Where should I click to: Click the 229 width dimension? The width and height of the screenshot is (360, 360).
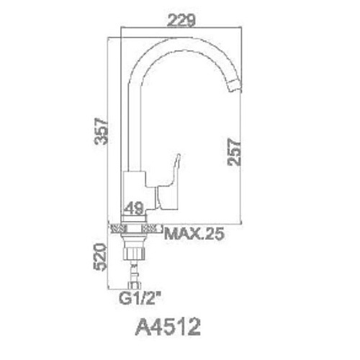[x=181, y=20]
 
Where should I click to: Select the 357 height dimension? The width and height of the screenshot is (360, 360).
[x=101, y=131]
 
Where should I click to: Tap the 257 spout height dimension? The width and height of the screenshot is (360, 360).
[x=234, y=152]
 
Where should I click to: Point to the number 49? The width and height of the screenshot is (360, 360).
[x=135, y=208]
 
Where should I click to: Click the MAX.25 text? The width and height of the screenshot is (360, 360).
[x=194, y=233]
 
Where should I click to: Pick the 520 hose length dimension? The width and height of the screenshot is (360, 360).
[x=100, y=257]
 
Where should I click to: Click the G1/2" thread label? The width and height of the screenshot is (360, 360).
[x=140, y=298]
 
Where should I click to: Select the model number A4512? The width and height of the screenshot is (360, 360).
[x=168, y=327]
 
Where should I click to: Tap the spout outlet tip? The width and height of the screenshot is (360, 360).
[x=235, y=86]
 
